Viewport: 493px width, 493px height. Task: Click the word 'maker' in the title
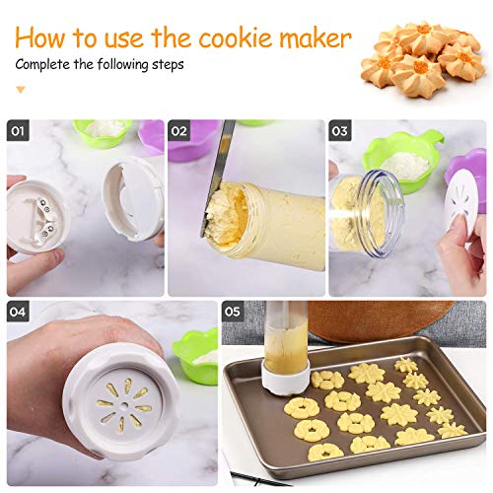click(x=313, y=39)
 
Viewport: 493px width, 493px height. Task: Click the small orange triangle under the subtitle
click(x=19, y=90)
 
